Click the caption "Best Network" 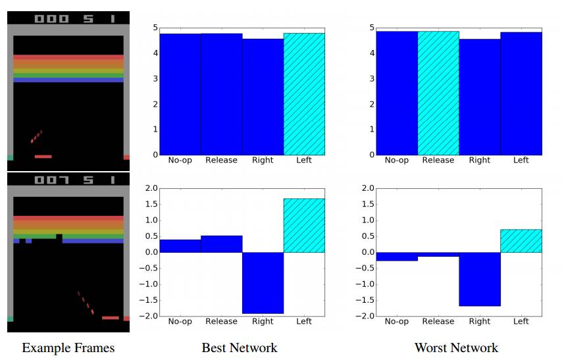click(x=239, y=347)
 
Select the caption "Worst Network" click(x=456, y=347)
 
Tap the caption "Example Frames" click(x=68, y=347)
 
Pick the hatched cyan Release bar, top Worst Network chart click(x=438, y=93)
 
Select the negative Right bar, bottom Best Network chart click(x=263, y=282)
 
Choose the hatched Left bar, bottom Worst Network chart click(x=521, y=241)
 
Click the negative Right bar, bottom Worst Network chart click(x=480, y=279)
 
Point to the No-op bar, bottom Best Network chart click(x=180, y=245)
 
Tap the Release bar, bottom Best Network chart click(x=221, y=244)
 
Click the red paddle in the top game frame click(x=43, y=157)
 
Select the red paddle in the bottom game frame click(x=111, y=318)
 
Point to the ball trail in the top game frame click(x=36, y=136)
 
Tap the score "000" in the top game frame click(x=51, y=18)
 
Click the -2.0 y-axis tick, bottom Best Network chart click(x=149, y=316)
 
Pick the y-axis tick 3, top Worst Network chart click(x=371, y=78)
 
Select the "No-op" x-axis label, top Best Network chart click(x=180, y=160)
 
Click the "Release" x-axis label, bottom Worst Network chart click(x=438, y=321)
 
